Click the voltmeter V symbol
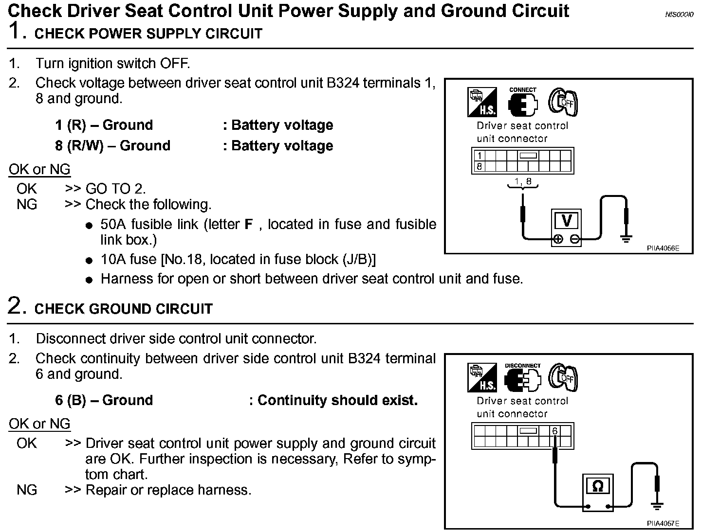pos(566,221)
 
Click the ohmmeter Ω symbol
pos(598,486)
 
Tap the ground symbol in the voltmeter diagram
pos(627,238)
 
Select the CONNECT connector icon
pos(522,103)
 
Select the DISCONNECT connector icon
pos(522,378)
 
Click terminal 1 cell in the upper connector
pos(480,156)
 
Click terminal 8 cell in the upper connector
pos(480,166)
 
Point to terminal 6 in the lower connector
pos(554,431)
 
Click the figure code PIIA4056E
pos(663,248)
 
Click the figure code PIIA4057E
pos(663,523)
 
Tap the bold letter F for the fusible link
pos(249,225)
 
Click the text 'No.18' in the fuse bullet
pos(184,259)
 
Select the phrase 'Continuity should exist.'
pos(337,400)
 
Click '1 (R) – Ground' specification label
pos(104,125)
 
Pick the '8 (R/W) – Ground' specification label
pos(113,145)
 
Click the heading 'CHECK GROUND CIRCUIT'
pos(124,309)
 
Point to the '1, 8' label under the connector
pos(522,182)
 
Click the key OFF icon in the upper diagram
pos(563,102)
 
